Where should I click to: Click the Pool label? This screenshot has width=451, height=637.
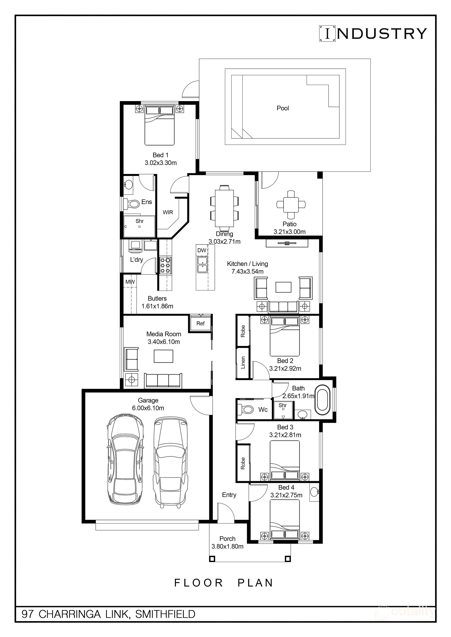(283, 108)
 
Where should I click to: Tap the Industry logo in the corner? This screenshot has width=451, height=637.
(373, 34)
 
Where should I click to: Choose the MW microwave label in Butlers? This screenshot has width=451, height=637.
(130, 282)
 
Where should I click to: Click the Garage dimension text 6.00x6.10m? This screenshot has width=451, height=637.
(148, 408)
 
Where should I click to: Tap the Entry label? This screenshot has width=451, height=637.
(229, 495)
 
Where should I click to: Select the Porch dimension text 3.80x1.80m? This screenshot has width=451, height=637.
(227, 546)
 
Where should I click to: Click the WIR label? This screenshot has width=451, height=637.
(168, 212)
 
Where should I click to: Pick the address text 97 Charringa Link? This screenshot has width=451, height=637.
(108, 614)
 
